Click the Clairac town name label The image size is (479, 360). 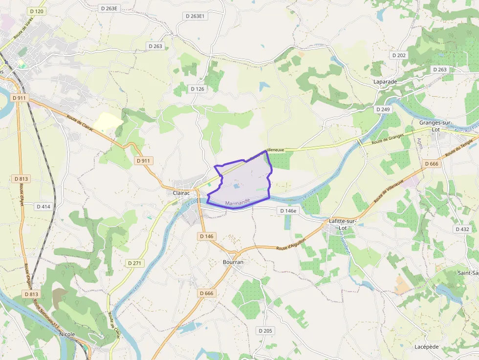point(181,193)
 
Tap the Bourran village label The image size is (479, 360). point(233,262)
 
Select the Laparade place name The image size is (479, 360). point(385,82)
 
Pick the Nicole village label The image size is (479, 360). point(67,334)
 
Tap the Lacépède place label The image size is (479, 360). point(426,347)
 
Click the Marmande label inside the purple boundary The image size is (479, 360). point(238,201)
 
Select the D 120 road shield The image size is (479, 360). point(36,11)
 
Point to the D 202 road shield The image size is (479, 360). point(399,55)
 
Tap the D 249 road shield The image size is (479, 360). point(383,109)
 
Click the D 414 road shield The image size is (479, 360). point(43,207)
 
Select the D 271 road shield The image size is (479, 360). point(134,263)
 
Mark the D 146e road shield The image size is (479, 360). point(288,211)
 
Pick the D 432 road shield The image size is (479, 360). point(462,229)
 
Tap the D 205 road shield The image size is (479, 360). point(264,331)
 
